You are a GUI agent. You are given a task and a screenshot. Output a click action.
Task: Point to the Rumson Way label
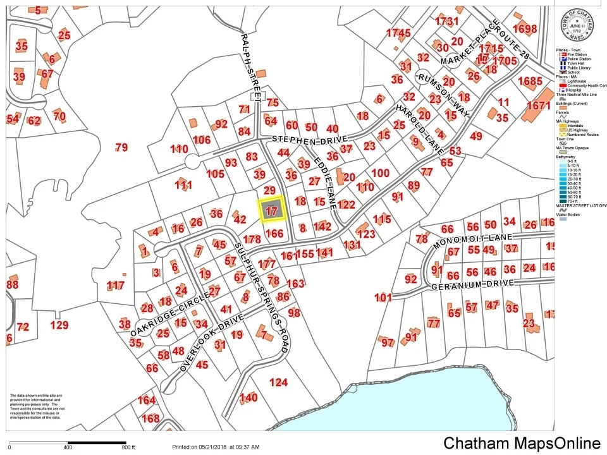coord(445,94)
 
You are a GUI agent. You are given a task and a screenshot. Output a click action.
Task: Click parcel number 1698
coord(524,29)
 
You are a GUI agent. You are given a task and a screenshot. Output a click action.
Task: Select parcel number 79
coord(121,148)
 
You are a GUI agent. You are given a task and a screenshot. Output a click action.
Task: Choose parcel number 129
coord(59,325)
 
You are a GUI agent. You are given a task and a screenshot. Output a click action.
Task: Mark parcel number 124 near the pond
coord(278,382)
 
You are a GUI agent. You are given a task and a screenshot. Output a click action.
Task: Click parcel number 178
coord(252,240)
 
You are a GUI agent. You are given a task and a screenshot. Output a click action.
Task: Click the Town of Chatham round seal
coord(580,27)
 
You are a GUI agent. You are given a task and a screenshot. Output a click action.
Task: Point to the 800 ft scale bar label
coord(128,447)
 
